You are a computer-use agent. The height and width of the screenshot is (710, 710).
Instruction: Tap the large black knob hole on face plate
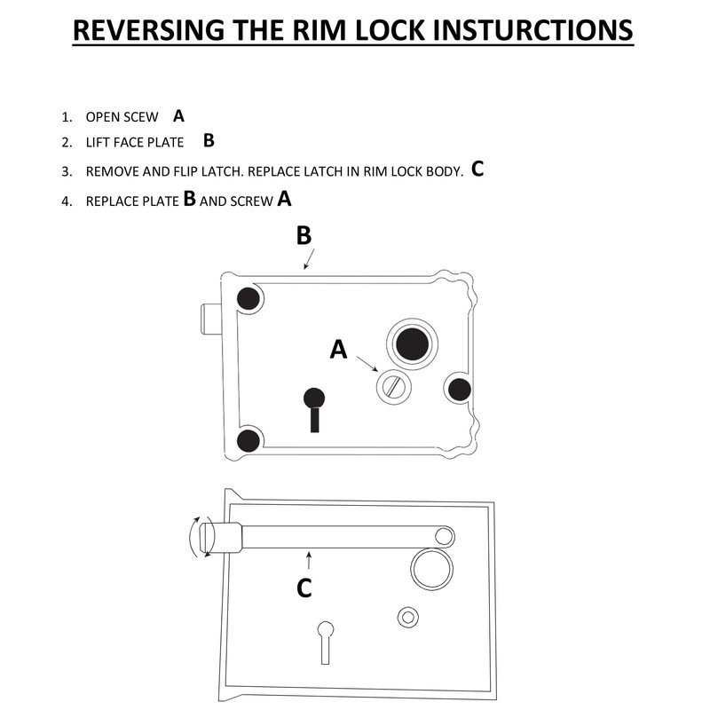point(411,343)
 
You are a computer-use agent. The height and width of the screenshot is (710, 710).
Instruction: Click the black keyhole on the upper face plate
point(314,407)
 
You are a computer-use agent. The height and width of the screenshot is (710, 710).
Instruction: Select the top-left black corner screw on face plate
point(248,300)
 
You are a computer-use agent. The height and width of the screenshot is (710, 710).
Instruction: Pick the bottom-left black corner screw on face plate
point(249,439)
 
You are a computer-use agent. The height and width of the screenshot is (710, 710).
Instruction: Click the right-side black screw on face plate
point(459,388)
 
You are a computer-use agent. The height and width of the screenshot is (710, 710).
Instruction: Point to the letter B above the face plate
point(304,235)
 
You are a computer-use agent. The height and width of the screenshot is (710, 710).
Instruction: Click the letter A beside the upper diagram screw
point(338,351)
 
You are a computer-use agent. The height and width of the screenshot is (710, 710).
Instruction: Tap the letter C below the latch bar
point(304,588)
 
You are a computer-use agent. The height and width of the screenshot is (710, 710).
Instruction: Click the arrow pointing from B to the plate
point(308,258)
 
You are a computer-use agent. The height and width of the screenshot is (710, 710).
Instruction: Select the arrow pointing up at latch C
point(308,559)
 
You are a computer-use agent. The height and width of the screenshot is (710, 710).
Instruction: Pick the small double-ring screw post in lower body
point(408,616)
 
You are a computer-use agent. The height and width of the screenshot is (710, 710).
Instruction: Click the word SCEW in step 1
point(143,117)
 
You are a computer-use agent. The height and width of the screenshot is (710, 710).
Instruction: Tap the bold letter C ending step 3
point(477,169)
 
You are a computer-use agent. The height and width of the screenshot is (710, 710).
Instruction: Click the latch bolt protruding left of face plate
point(214,316)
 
